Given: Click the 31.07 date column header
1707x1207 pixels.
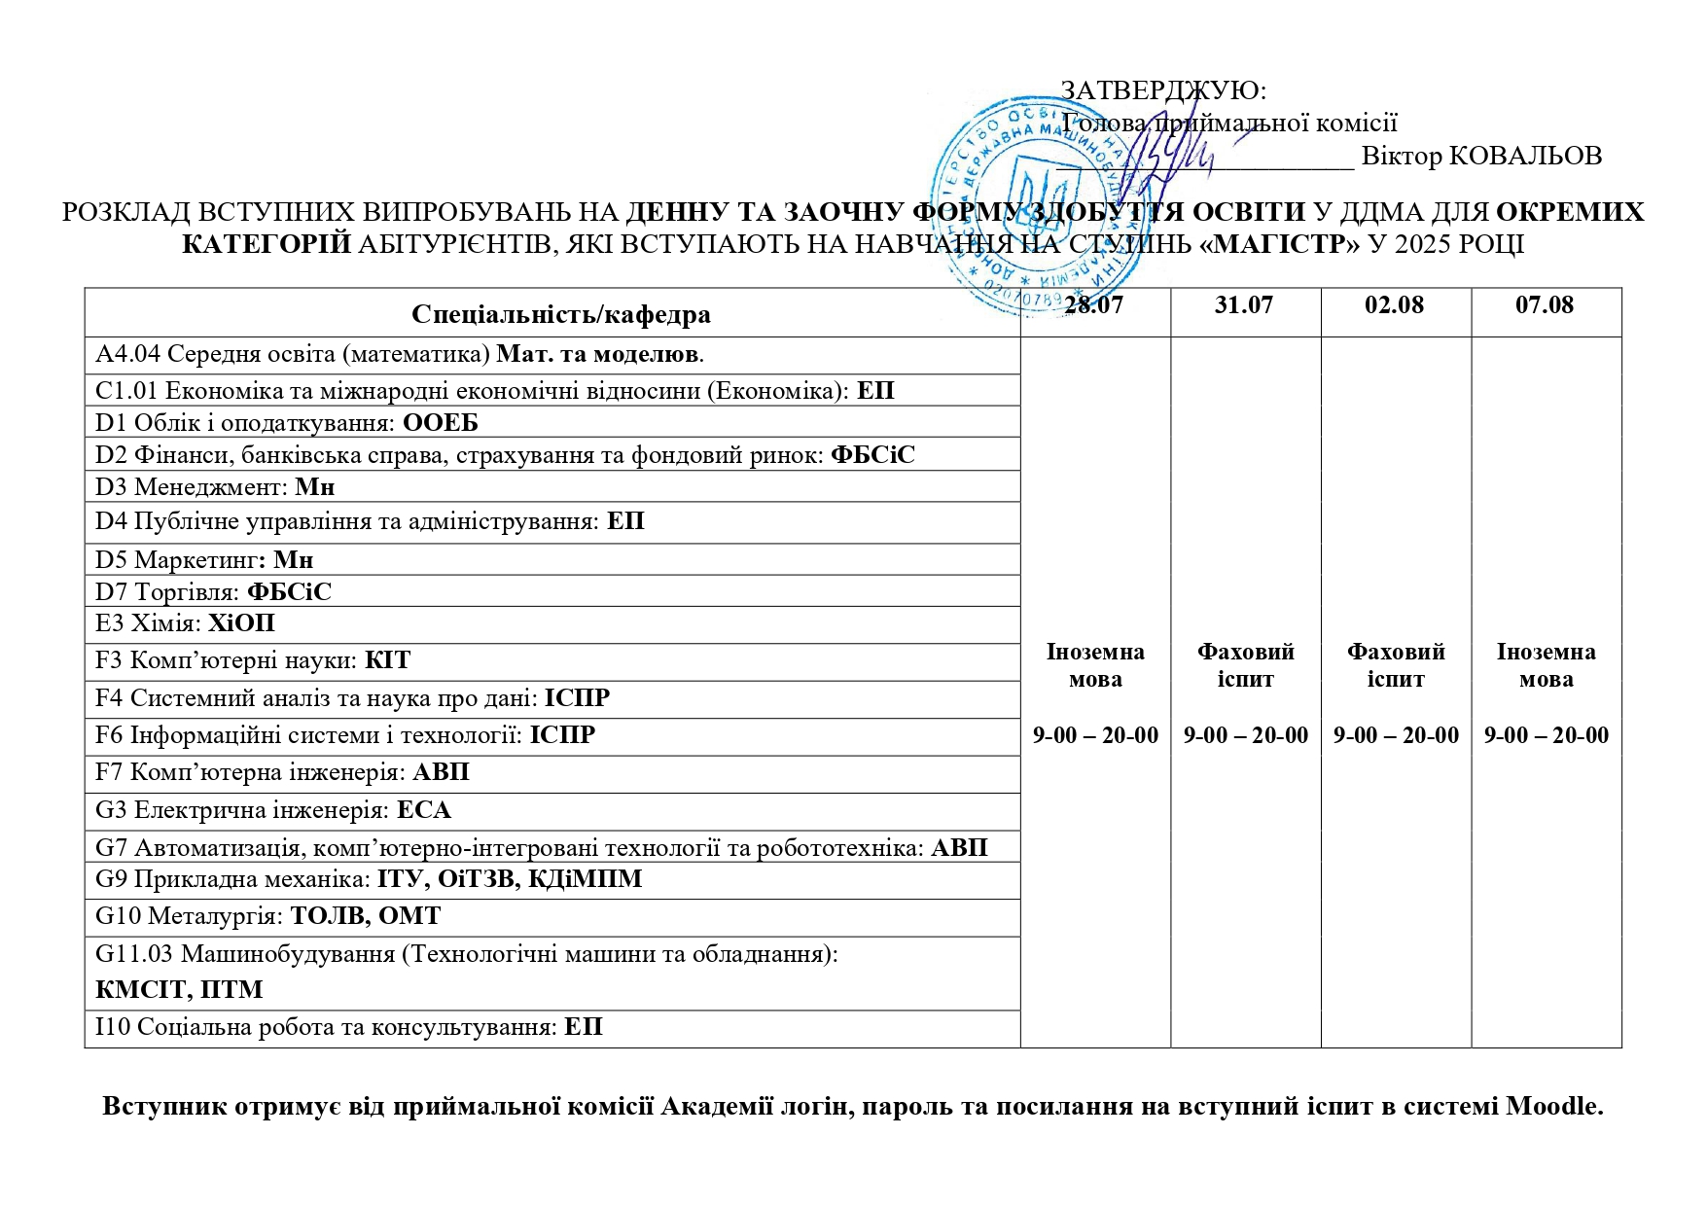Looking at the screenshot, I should tap(1243, 305).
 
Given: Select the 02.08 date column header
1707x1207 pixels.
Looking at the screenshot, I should tap(1394, 305).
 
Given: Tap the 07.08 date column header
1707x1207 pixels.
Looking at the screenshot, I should tap(1545, 305).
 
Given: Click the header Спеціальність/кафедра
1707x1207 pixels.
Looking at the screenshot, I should tap(560, 314).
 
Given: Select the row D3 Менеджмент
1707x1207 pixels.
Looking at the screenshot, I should tap(214, 487).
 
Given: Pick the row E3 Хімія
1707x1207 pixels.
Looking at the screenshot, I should tap(185, 623).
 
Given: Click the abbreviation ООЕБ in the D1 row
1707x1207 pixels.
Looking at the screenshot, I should tap(441, 423).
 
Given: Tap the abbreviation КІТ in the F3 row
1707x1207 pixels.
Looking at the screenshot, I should tap(387, 661).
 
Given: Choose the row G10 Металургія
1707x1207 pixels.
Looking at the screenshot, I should tap(267, 916).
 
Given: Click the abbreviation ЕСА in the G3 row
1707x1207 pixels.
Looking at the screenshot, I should tap(424, 810).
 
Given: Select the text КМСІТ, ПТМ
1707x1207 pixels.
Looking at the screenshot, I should tap(179, 990).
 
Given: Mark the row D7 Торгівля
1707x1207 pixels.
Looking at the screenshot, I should tap(213, 592).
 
